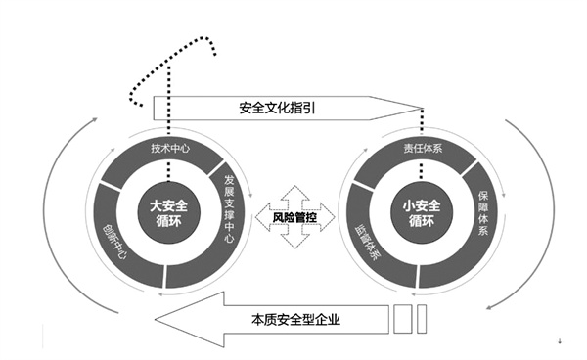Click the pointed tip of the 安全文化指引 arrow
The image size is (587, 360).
click(423, 108)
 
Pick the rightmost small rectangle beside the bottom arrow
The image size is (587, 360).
click(423, 319)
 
